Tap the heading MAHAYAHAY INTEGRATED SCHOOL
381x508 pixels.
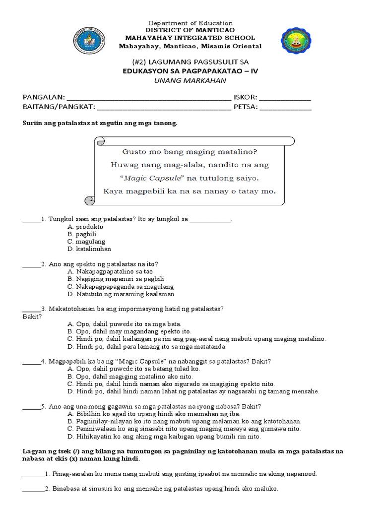point(190,38)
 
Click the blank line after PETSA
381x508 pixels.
point(285,107)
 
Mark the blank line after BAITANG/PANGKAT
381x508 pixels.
point(164,107)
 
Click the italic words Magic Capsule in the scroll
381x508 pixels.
point(147,178)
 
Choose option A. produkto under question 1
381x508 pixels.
point(85,226)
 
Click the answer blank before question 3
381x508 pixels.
point(32,309)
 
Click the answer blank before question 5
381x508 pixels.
point(32,406)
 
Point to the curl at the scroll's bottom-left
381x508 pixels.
point(90,199)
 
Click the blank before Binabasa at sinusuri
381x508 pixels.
point(33,489)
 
